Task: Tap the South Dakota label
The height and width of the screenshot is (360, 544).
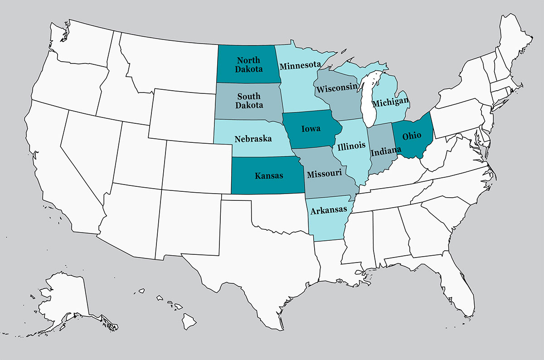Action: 249,101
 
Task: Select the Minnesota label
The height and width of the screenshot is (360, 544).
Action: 300,66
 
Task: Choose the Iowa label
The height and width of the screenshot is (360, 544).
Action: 311,128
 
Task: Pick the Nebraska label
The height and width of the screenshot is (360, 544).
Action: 253,138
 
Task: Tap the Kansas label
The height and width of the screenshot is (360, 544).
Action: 269,175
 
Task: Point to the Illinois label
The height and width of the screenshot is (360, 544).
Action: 351,146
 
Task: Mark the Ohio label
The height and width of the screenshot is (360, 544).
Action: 412,135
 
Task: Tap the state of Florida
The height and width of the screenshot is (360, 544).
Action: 458,290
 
